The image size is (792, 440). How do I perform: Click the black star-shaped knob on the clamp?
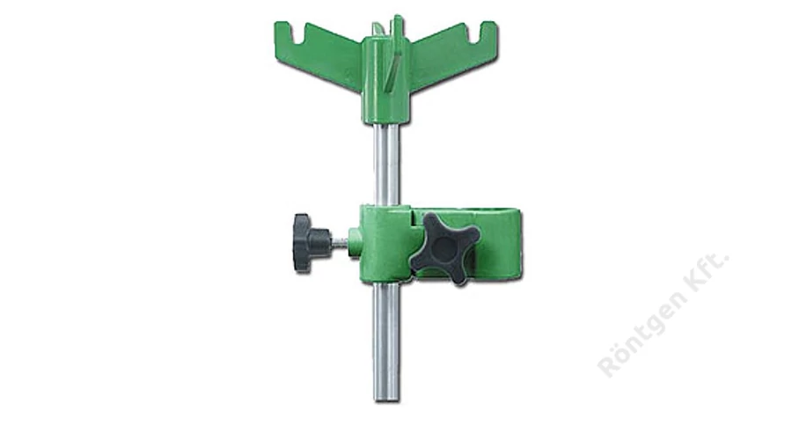point(444,247)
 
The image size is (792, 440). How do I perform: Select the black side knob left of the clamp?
point(308,244)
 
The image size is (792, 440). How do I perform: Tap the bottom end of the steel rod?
point(386,401)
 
